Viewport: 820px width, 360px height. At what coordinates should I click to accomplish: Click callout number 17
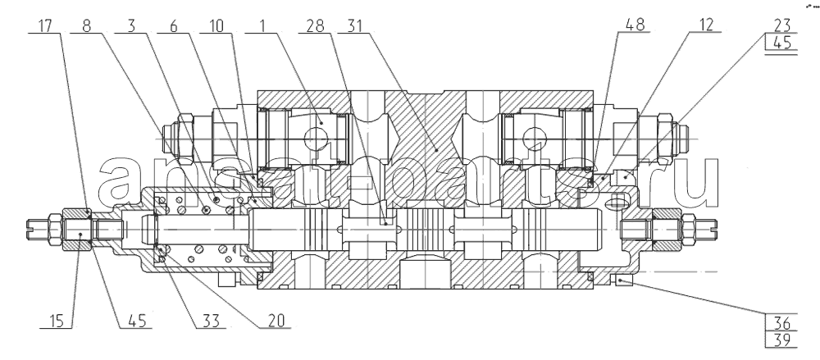point(45,25)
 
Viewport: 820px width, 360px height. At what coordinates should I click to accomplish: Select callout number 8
point(86,25)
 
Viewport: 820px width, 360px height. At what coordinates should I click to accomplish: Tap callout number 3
point(131,25)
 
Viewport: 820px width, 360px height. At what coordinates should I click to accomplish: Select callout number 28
point(315,25)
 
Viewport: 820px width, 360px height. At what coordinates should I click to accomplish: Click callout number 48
point(635,25)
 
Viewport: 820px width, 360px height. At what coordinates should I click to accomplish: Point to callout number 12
point(705,25)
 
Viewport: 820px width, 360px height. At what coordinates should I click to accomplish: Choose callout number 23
point(781,25)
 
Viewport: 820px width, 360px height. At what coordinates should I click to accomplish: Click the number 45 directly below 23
point(781,43)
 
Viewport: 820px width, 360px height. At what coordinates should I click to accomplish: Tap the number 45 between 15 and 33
point(136,321)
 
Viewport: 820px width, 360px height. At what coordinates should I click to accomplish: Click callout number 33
point(211,321)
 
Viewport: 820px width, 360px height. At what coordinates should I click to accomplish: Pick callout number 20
point(276,321)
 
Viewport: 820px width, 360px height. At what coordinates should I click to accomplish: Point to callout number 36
point(781,322)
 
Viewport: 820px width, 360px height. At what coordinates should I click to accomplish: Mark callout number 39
point(781,339)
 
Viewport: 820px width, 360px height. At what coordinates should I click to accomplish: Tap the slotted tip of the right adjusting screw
point(713,226)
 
